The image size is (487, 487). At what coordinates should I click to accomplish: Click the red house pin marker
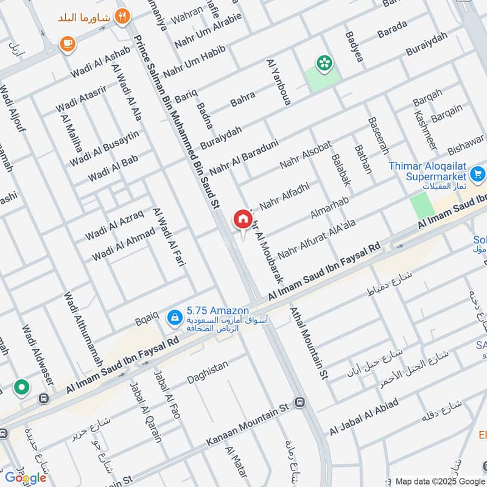click(242, 219)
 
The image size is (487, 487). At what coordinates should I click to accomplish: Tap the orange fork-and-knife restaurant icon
click(123, 16)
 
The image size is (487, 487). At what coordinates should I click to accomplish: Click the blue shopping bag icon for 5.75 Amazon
click(175, 316)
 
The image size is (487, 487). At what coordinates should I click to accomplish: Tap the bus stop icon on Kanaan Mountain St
click(300, 402)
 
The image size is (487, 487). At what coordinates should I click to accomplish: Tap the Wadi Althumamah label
click(83, 329)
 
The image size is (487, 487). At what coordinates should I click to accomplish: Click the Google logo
click(26, 477)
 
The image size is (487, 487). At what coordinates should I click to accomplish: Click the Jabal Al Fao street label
click(167, 393)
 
